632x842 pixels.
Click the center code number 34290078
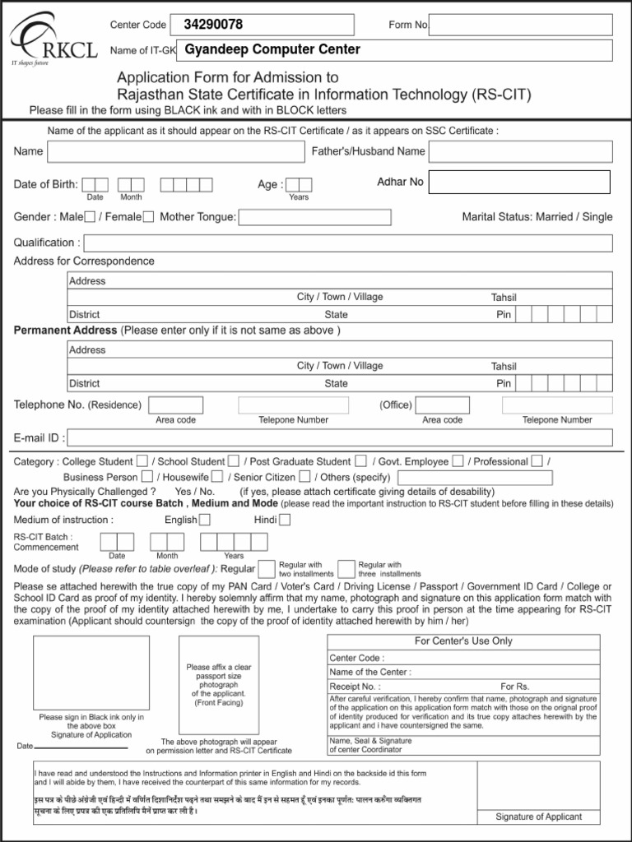pyautogui.click(x=213, y=25)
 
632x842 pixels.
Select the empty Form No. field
pyautogui.click(x=520, y=25)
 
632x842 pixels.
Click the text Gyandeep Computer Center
pyautogui.click(x=272, y=49)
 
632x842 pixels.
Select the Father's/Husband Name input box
pyautogui.click(x=520, y=152)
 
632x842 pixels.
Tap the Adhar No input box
pyautogui.click(x=519, y=182)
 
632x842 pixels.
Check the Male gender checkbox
pyautogui.click(x=91, y=217)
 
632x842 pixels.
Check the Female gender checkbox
pyautogui.click(x=148, y=217)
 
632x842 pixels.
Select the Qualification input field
pyautogui.click(x=348, y=243)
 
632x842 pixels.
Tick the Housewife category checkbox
pyautogui.click(x=217, y=477)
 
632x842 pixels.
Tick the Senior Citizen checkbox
pyautogui.click(x=305, y=477)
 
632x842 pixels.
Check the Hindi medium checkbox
pyautogui.click(x=284, y=520)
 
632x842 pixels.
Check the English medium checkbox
pyautogui.click(x=205, y=520)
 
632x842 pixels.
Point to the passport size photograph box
pyautogui.click(x=219, y=686)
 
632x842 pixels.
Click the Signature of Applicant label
pyautogui.click(x=538, y=817)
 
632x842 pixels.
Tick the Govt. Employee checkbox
pyautogui.click(x=458, y=461)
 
